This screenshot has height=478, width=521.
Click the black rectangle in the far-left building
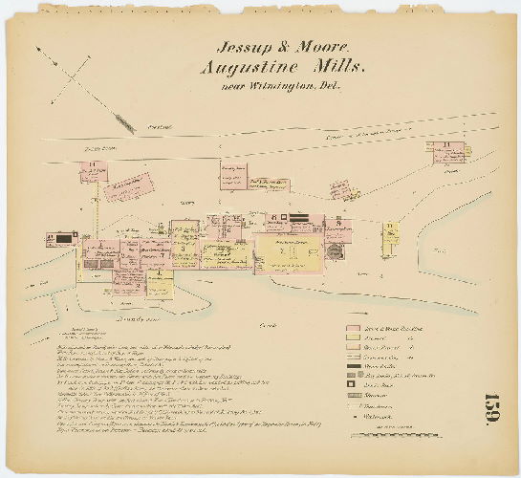tap(64, 238)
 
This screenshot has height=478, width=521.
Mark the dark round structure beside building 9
tap(335, 250)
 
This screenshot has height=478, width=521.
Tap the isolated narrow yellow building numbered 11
tap(391, 238)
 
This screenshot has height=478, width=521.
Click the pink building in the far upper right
tap(445, 151)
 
